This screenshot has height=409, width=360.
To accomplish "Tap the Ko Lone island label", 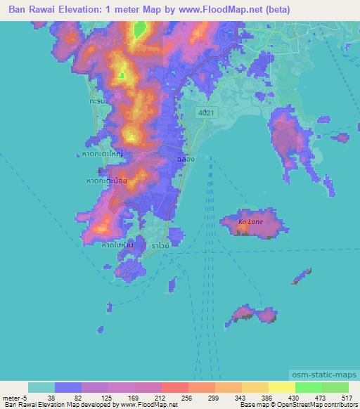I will (x=250, y=222).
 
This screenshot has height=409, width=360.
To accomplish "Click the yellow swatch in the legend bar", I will (x=281, y=387).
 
